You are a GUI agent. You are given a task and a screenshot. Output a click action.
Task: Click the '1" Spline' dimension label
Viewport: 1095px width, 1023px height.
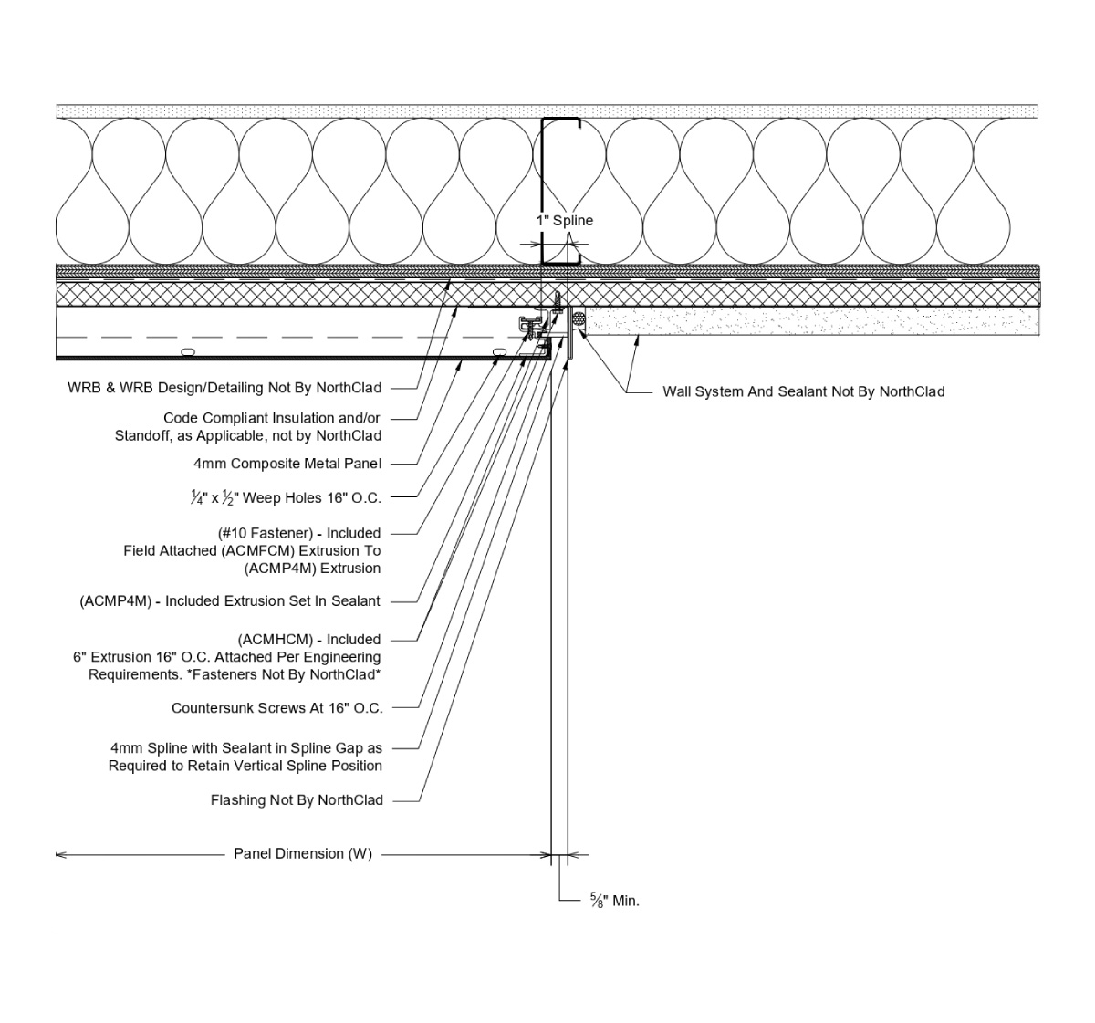(x=564, y=221)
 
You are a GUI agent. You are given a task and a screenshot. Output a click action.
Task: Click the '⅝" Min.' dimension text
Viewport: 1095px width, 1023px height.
(x=614, y=901)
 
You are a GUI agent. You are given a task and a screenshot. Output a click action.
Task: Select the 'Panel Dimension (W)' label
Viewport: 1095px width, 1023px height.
(x=302, y=854)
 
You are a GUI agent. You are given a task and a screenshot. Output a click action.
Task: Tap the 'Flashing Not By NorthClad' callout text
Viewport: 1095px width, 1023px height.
(x=297, y=800)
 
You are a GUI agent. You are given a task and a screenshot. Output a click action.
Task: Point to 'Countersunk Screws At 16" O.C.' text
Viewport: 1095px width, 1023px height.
(x=276, y=708)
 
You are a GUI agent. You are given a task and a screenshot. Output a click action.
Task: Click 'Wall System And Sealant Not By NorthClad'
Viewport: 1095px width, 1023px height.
(x=803, y=391)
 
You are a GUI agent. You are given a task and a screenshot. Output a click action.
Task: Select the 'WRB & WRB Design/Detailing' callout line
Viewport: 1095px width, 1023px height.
(x=224, y=388)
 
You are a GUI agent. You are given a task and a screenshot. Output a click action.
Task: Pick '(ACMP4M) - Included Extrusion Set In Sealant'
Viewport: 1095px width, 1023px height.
(x=230, y=601)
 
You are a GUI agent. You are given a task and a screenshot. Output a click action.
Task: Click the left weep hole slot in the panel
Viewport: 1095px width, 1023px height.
(x=188, y=351)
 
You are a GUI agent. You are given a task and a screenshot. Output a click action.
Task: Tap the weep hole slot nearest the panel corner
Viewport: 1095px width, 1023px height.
(x=498, y=351)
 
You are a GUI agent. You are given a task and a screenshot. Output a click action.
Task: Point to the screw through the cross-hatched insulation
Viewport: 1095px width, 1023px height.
(x=556, y=298)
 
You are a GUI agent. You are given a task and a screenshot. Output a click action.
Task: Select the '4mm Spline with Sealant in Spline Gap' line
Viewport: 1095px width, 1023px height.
(x=245, y=748)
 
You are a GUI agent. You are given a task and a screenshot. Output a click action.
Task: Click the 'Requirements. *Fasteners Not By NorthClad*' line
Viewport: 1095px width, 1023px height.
(x=234, y=674)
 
